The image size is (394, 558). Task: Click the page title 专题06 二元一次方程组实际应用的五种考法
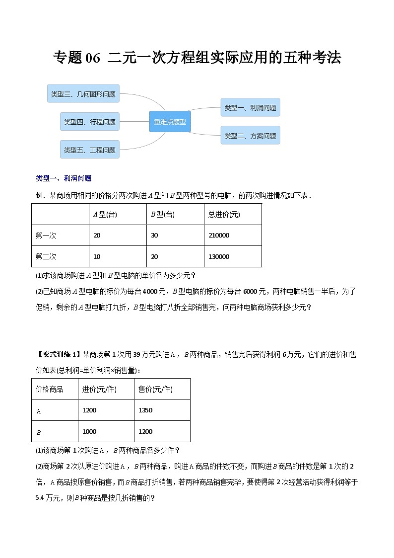197,58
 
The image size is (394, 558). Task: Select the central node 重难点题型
170,122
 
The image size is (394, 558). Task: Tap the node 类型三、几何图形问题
83,93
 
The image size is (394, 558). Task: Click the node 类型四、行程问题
90,122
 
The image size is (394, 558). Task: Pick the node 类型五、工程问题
90,150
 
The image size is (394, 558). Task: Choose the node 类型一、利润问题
250,108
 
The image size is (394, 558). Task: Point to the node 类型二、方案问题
250,136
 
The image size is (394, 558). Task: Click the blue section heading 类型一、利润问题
64,178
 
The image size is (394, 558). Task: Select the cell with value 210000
219,235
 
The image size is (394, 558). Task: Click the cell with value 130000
219,256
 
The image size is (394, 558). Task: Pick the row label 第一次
46,235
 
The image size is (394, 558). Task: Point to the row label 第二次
46,256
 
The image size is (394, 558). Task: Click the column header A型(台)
105,214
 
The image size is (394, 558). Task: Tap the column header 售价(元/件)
155,389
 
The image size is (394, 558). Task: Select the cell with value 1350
145,410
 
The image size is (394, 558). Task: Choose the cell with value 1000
89,431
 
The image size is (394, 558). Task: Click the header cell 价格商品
50,389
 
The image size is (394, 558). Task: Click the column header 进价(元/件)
99,389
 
